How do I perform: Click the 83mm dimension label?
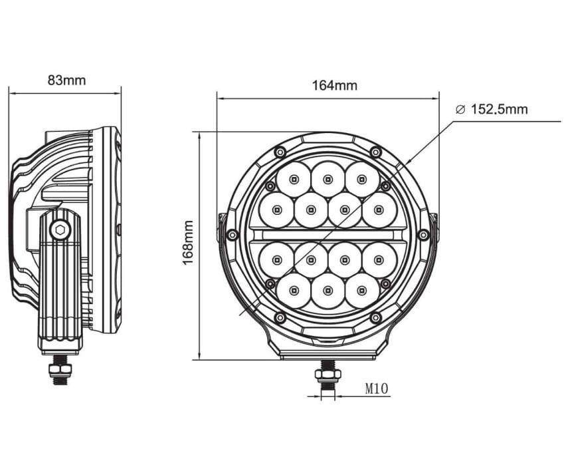pos(66,80)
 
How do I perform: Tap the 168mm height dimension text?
pos(188,243)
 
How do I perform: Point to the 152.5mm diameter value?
pos(499,110)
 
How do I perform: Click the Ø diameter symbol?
pos(460,110)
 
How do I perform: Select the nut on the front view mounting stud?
pos(328,375)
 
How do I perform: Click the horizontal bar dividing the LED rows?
pos(328,235)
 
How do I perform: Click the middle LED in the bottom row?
pos(328,291)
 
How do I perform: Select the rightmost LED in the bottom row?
pos(362,291)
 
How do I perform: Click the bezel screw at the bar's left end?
pos(232,235)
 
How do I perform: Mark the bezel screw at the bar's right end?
pos(423,235)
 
